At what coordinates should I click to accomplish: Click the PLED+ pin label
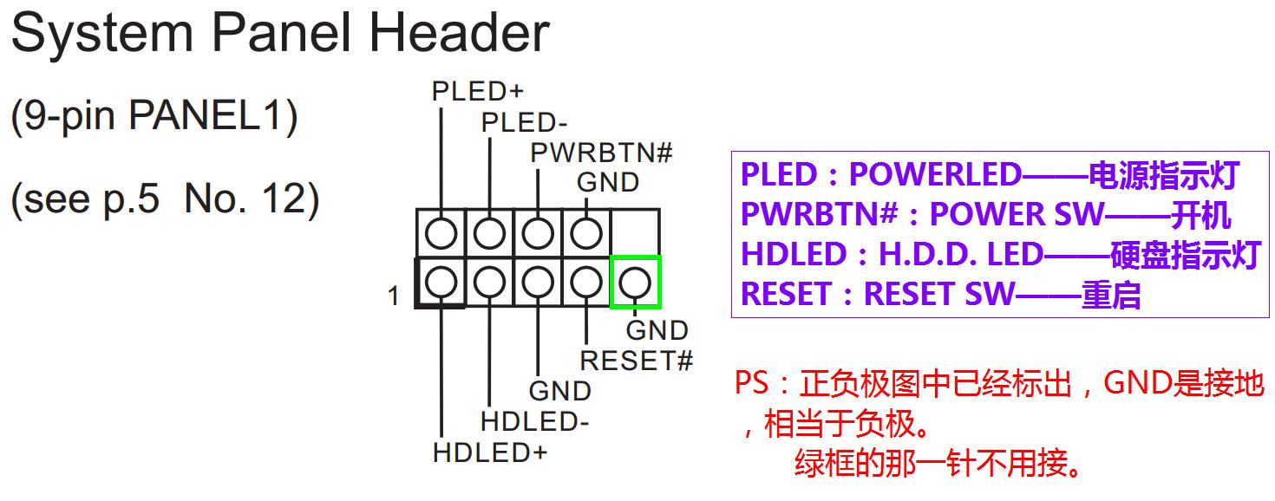(x=477, y=91)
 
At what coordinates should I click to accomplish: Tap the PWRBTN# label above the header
(x=602, y=153)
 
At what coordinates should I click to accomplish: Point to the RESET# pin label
(x=636, y=361)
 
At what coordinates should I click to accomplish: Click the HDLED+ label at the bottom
(x=490, y=452)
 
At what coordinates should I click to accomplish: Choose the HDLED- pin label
(x=534, y=422)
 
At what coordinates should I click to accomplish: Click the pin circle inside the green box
(x=635, y=282)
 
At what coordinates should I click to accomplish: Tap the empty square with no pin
(x=635, y=232)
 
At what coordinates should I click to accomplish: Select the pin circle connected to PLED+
(x=441, y=232)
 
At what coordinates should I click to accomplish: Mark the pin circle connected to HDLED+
(x=441, y=282)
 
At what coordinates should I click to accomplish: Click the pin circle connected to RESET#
(x=587, y=282)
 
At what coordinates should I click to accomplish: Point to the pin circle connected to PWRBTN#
(x=539, y=232)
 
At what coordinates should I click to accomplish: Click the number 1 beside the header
(x=394, y=296)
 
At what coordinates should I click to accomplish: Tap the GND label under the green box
(x=657, y=330)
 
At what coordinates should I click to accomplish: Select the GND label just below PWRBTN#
(x=608, y=183)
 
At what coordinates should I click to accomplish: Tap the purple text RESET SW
(x=938, y=295)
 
